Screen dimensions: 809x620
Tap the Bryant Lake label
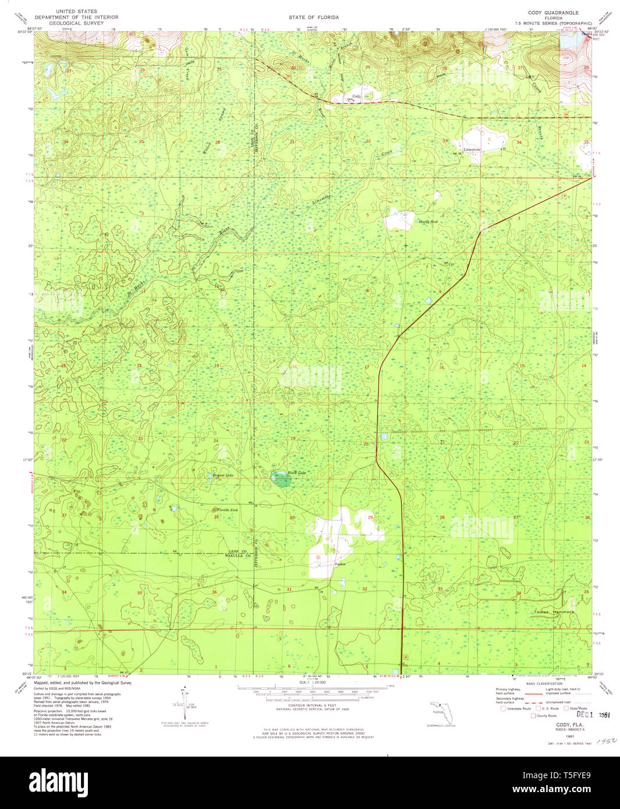point(223,476)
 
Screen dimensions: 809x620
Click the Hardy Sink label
point(428,222)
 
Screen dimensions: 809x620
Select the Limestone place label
point(472,150)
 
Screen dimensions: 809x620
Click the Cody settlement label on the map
point(356,96)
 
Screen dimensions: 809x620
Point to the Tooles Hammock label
point(554,612)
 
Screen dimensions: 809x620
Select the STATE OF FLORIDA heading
point(313,18)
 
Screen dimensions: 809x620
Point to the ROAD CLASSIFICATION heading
point(544,683)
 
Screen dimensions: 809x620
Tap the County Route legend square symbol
point(533,715)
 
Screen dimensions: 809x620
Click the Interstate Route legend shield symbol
point(503,708)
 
